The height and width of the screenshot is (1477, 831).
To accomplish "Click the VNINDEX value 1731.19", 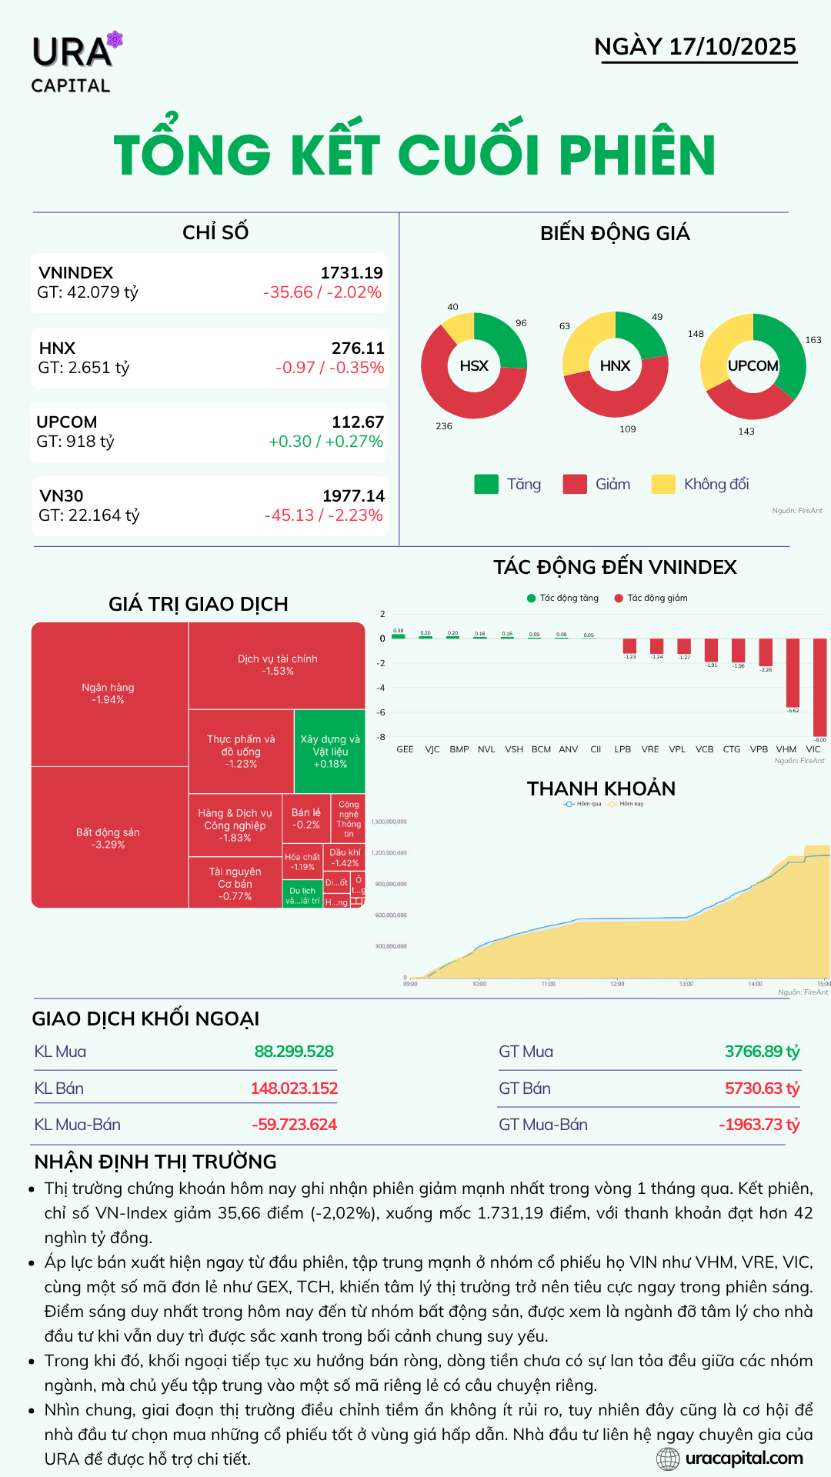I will point(352,273).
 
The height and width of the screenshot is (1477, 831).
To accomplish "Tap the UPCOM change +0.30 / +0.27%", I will point(325,442).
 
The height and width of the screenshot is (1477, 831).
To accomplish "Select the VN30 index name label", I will point(62,496).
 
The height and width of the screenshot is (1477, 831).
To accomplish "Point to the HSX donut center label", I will point(474,366).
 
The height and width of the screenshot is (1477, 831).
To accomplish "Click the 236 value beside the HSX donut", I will point(444,426).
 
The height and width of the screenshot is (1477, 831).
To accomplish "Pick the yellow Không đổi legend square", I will point(662,484).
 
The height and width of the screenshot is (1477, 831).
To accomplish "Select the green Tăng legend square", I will point(486,484).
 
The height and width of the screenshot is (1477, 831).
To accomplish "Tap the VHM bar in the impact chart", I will point(793,672).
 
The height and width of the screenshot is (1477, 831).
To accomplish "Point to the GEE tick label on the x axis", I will point(405,749).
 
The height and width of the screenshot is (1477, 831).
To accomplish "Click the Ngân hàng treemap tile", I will point(108,694).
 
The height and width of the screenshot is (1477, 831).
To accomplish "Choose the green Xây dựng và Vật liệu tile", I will point(329,752).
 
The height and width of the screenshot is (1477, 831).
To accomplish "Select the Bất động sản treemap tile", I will point(108,838).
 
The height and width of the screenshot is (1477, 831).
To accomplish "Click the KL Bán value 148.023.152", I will point(294,1089).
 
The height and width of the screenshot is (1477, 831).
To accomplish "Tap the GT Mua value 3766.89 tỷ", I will point(762,1052).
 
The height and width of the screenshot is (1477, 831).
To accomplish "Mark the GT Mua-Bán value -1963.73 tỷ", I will point(759,1125).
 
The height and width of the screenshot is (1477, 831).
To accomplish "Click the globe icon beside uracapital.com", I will point(668,1459).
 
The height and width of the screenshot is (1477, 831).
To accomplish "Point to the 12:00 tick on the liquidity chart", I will point(617,984).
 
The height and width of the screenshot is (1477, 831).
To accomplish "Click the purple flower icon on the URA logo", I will point(115,39).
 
